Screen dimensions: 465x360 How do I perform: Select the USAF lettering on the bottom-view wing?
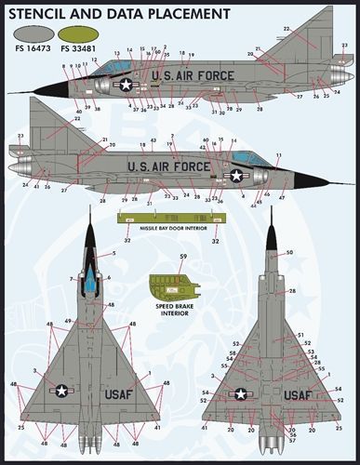[297, 393]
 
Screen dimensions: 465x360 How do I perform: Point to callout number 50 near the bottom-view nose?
[289, 253]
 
